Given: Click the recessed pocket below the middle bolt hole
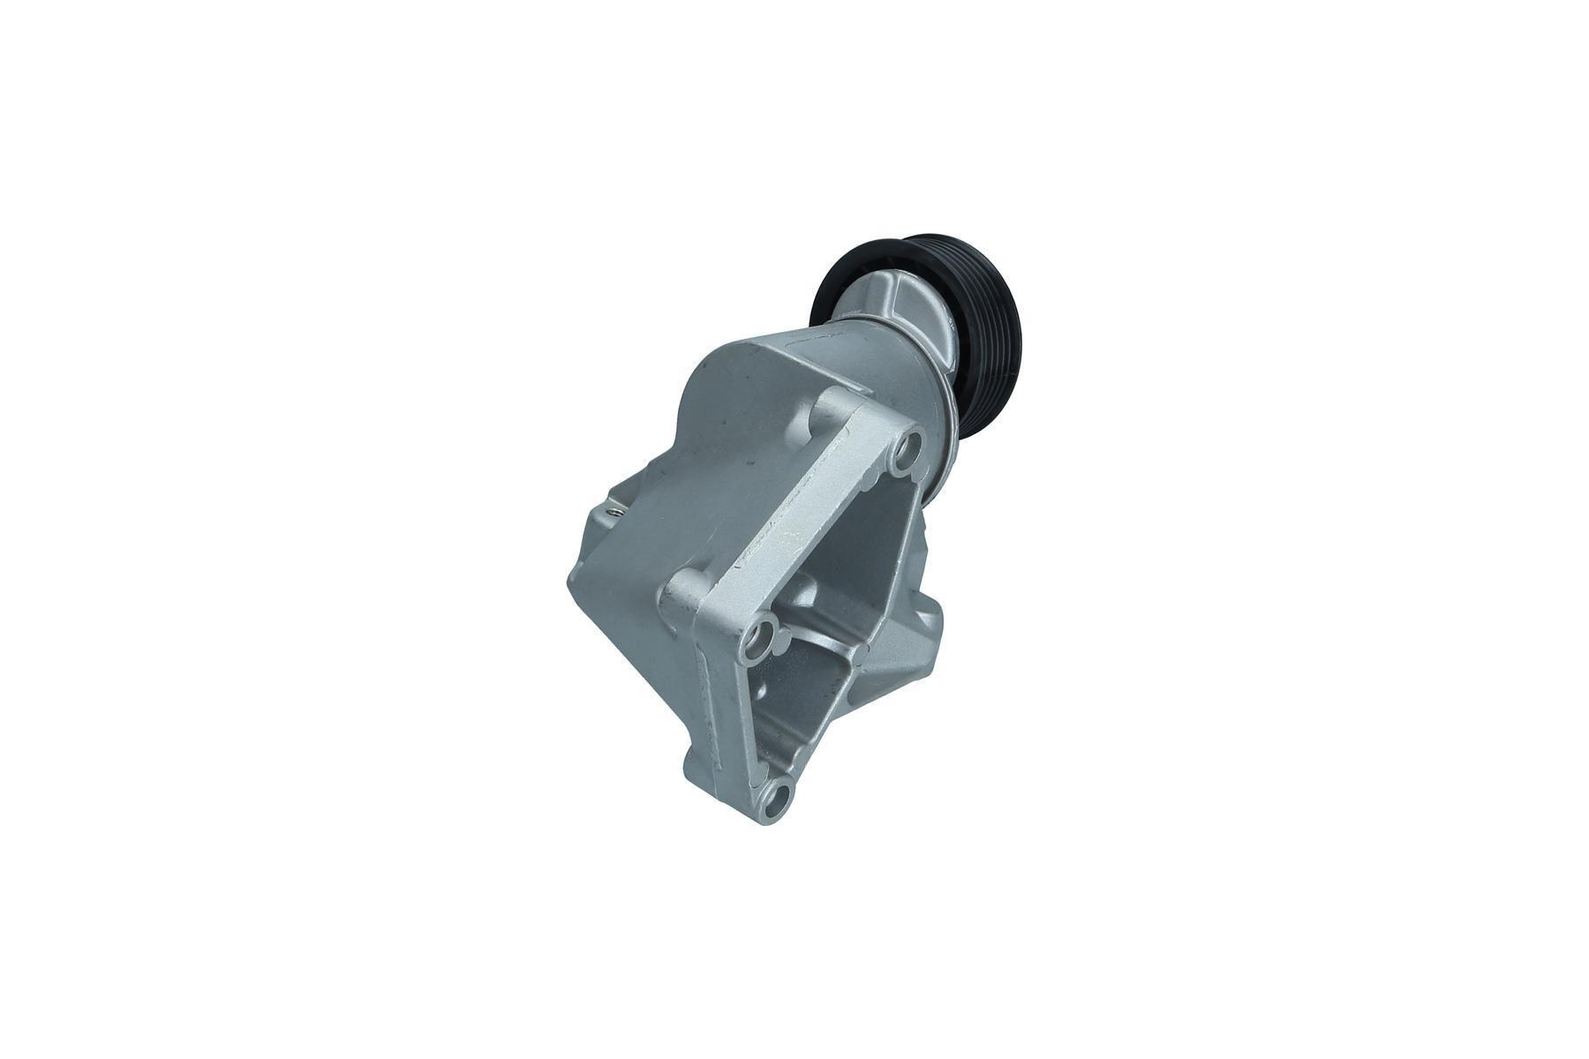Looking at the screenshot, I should point(799,706).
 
